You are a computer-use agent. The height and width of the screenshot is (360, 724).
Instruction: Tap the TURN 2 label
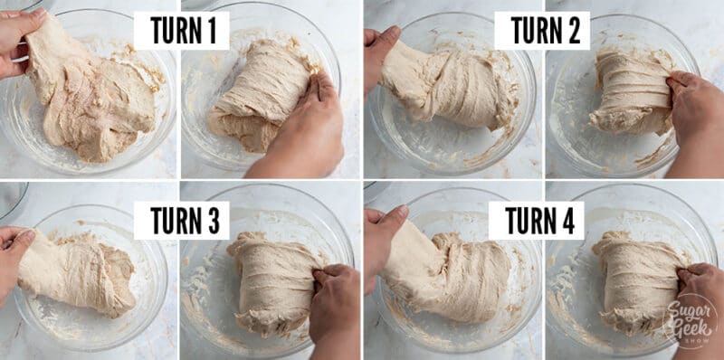coord(542,32)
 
